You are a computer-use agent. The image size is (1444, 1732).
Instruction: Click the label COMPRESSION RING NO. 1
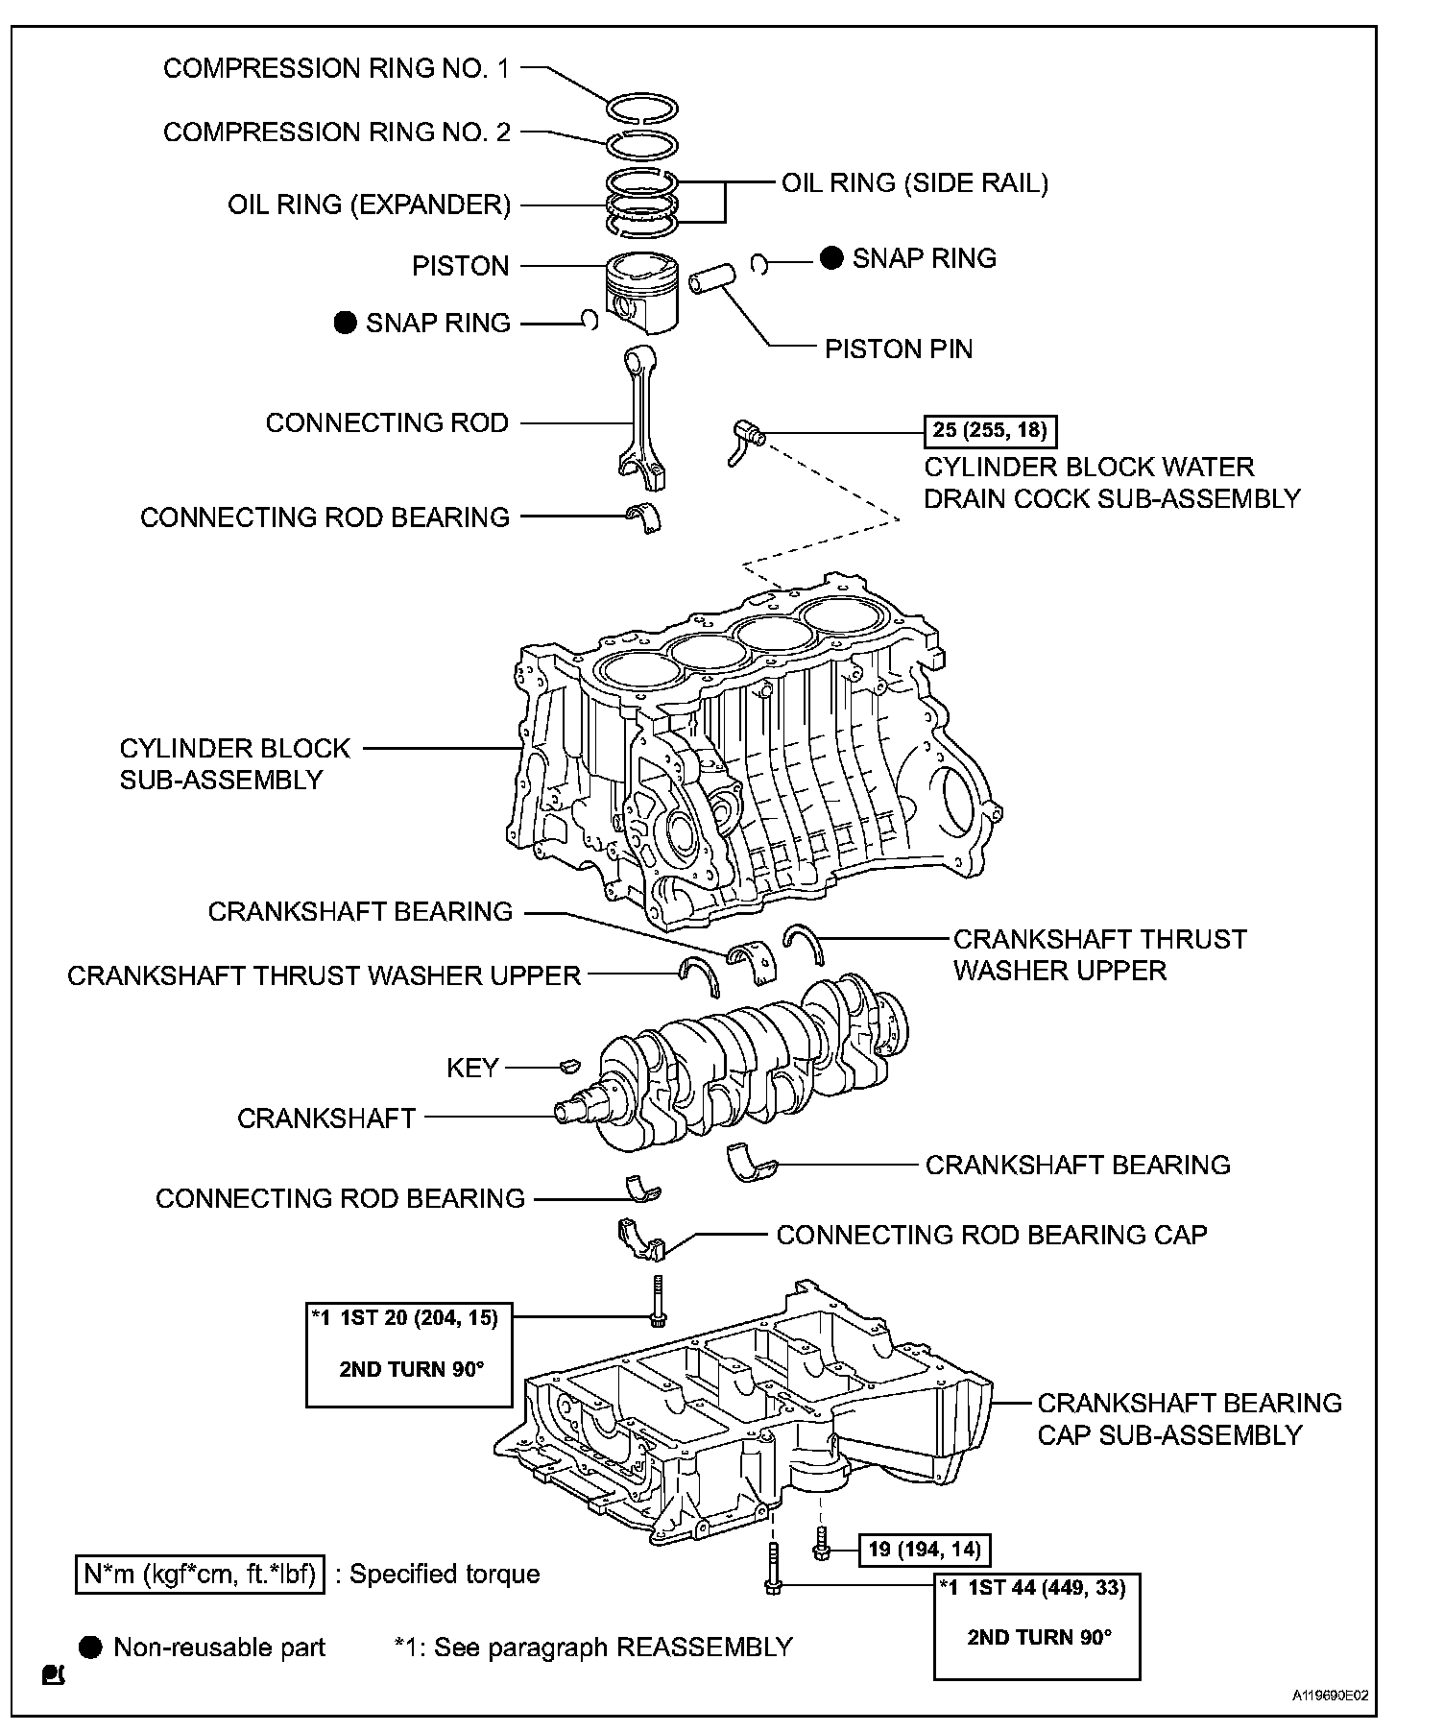point(336,68)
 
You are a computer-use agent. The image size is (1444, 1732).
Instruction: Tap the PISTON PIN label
point(899,349)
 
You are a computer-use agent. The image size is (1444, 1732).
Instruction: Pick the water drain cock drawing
point(746,440)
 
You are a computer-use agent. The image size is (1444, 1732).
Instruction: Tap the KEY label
point(472,1068)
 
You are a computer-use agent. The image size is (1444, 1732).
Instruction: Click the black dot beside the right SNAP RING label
point(831,258)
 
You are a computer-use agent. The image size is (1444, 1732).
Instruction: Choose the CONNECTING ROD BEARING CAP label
point(992,1235)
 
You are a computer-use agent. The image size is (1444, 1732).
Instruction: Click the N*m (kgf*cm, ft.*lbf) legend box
point(200,1574)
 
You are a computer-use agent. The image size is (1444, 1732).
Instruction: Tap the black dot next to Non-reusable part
point(90,1648)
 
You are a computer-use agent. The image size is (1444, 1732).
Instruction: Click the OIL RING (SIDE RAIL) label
point(915,183)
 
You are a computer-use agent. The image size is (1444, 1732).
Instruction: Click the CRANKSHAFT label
point(326,1119)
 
